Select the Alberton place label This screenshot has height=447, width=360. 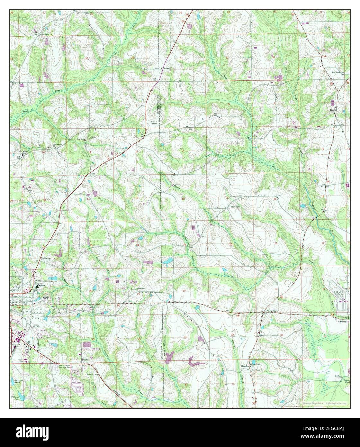tap(342, 321)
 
